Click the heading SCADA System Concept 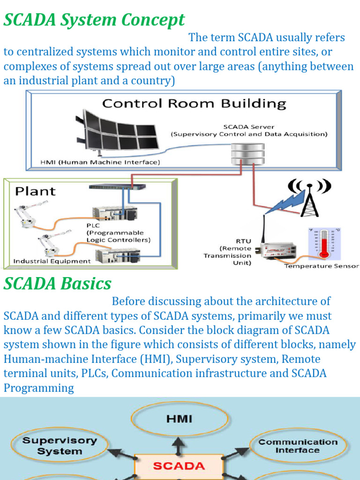tap(94, 20)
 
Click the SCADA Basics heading tap(58, 284)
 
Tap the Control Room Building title tap(194, 104)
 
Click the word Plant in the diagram tap(35, 191)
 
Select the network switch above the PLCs tap(117, 187)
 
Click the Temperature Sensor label tap(322, 266)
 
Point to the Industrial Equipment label tap(52, 261)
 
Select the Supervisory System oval tap(60, 446)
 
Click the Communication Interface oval tap(297, 446)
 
